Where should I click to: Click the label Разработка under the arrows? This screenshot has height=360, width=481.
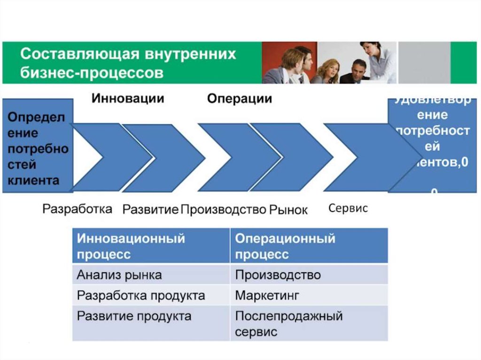[78, 209]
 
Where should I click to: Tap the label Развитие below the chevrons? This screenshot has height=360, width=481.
[150, 209]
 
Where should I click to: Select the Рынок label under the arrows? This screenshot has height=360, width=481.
[288, 209]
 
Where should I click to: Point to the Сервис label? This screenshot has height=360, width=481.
[348, 208]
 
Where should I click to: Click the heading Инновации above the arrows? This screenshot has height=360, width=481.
[128, 99]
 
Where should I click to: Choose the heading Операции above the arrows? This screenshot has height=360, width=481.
[240, 99]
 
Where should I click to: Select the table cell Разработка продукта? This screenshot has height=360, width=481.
[141, 296]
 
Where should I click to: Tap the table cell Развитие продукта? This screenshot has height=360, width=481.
[134, 316]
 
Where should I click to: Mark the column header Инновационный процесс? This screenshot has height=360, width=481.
[131, 246]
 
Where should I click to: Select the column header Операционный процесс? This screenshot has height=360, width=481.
[285, 246]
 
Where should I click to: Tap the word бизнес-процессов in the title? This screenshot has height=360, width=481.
[92, 73]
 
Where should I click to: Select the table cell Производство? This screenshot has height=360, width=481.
[278, 275]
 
